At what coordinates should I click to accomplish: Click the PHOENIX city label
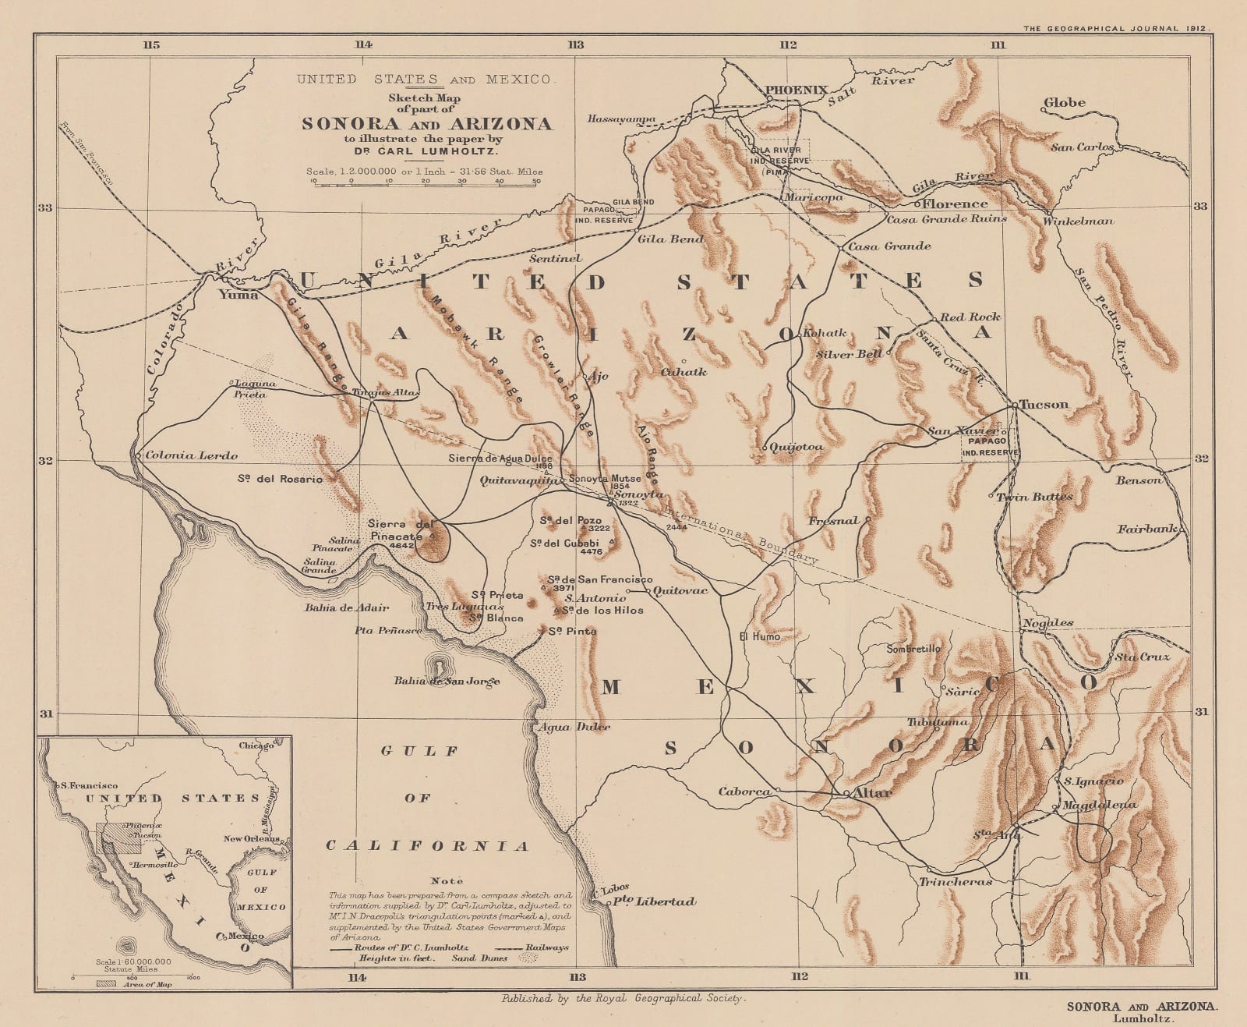point(796,90)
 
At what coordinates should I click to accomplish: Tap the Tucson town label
point(1044,404)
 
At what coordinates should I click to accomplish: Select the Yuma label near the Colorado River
point(238,294)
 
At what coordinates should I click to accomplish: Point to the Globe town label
point(1064,102)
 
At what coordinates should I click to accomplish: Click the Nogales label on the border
point(1047,622)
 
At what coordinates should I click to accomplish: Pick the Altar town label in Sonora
point(873,792)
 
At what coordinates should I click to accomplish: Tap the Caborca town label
point(744,791)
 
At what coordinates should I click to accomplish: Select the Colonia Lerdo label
point(191,455)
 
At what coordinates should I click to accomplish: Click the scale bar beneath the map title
point(426,183)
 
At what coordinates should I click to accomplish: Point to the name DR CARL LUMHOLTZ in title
point(426,152)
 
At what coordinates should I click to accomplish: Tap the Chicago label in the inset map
point(256,745)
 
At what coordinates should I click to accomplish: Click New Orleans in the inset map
point(251,839)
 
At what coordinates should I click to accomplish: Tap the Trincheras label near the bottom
point(956,881)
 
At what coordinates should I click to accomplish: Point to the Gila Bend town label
point(670,239)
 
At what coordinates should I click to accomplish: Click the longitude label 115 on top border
point(151,44)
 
